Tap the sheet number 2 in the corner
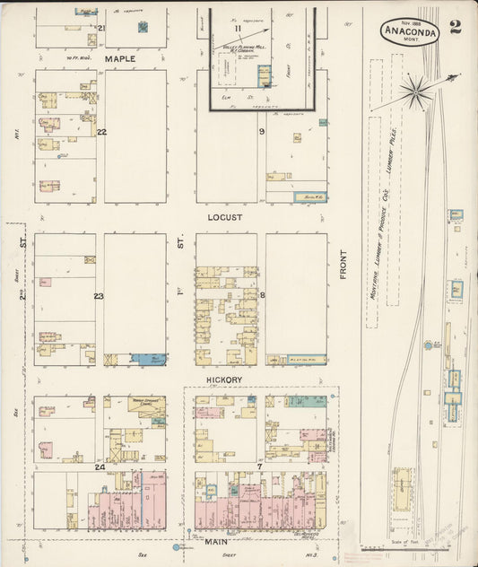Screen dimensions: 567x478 [x=456, y=27]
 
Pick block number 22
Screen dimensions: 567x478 [x=101, y=133]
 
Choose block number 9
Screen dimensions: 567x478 [x=262, y=133]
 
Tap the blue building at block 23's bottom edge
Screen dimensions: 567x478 [x=148, y=359]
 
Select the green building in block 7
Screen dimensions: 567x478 [x=306, y=402]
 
